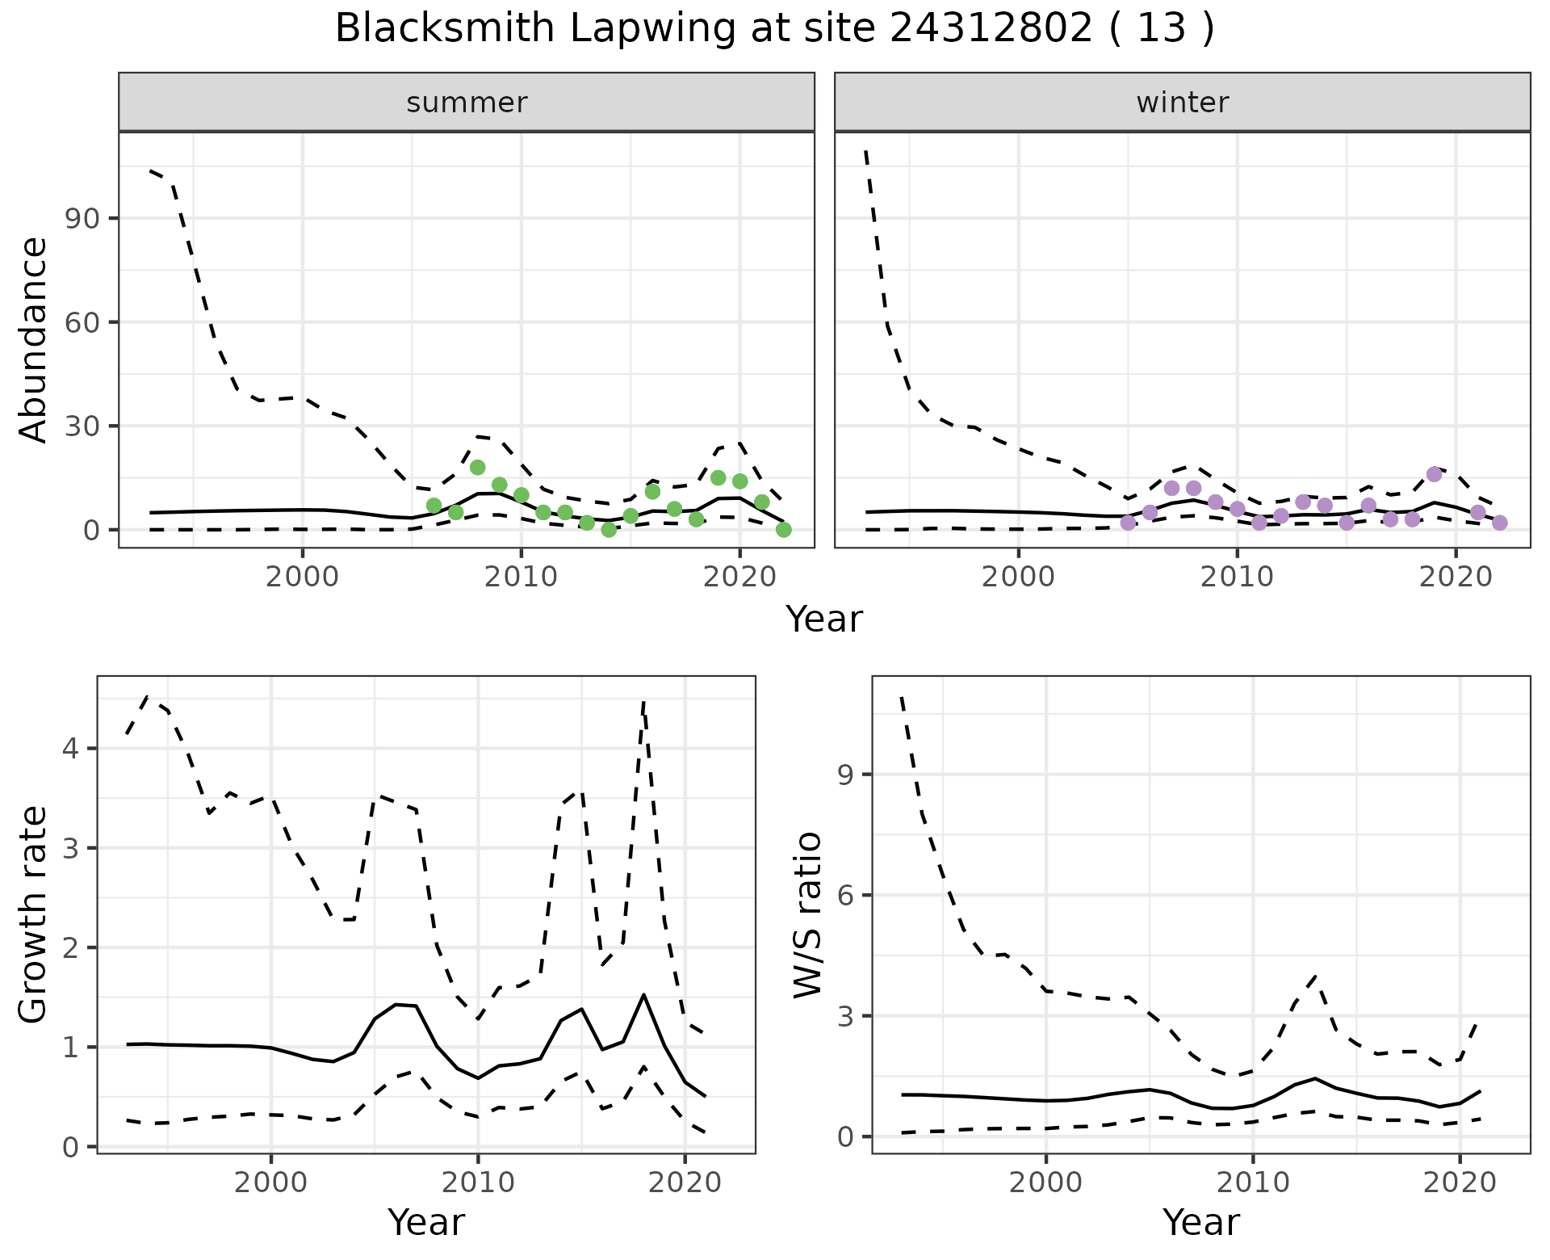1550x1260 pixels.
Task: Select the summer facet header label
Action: [x=467, y=103]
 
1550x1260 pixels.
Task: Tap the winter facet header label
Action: [x=1182, y=103]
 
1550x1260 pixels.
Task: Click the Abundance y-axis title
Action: [x=34, y=340]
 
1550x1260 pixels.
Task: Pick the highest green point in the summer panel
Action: [x=477, y=468]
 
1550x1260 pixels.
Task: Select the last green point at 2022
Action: [x=783, y=530]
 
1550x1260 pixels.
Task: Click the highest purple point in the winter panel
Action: [x=1434, y=474]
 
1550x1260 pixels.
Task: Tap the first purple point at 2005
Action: [x=1128, y=523]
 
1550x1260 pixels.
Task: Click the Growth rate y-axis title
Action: [x=34, y=914]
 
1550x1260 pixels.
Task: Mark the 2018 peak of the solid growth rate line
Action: [x=643, y=995]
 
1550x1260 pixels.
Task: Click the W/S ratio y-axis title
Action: [x=808, y=914]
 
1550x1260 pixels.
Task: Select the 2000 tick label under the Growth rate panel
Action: [x=271, y=1183]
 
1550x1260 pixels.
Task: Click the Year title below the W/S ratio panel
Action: [x=1200, y=1223]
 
